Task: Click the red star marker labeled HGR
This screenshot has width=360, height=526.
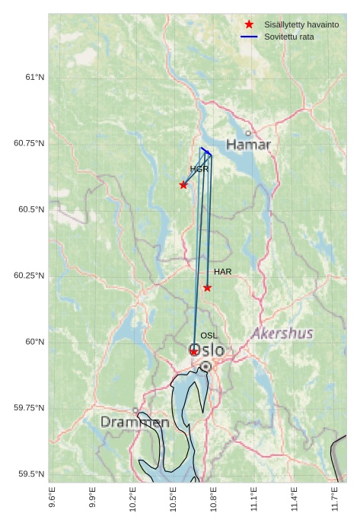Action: point(183,185)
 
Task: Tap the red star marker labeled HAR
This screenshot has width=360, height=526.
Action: point(207,288)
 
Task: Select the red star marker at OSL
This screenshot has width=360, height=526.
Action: point(194,352)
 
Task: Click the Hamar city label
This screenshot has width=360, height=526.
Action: point(248,145)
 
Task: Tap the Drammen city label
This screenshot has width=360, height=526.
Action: point(135,422)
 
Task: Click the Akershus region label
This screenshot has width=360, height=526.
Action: point(282,333)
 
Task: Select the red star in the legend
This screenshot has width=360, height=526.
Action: point(249,25)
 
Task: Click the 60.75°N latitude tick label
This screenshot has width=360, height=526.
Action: point(30,143)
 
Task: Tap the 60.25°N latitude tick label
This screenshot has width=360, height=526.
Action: point(30,276)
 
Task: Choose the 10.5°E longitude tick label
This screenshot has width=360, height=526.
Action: point(173,499)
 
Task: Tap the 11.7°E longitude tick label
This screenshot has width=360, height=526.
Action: point(335,499)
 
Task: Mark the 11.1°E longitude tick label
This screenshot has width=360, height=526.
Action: point(254,499)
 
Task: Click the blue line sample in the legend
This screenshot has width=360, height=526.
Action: point(249,37)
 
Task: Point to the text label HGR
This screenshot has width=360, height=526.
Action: point(199,169)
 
